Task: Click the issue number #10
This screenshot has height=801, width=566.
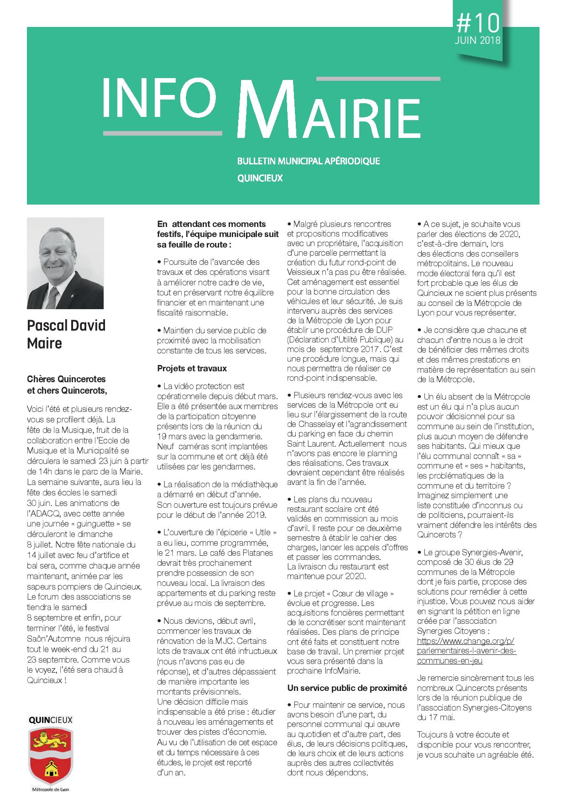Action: point(478,21)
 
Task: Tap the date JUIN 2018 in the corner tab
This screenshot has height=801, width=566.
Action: point(477,40)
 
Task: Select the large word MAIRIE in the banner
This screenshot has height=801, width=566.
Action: point(328,111)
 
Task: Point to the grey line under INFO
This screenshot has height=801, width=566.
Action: point(162,133)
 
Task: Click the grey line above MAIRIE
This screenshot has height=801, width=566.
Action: point(378,79)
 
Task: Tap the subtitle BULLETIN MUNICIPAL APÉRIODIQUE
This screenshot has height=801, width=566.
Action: point(309,161)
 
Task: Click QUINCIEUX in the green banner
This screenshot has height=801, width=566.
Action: point(260,178)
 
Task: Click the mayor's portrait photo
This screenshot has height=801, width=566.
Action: point(65,263)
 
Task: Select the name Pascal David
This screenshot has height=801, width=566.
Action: point(66,326)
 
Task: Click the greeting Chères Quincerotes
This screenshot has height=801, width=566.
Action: point(66,379)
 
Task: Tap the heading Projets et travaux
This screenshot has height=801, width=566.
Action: point(192,368)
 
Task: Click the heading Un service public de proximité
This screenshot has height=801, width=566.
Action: point(347,687)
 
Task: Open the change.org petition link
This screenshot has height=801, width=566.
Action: point(466,651)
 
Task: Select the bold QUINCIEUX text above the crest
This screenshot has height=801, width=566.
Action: point(50,720)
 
